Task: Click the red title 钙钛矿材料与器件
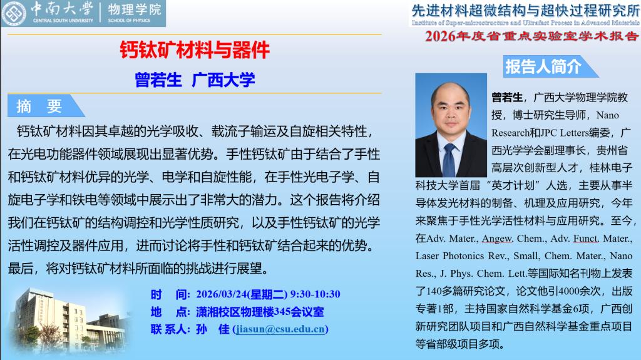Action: tap(195, 50)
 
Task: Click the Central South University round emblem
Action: tap(14, 13)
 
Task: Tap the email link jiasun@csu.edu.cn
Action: tap(280, 329)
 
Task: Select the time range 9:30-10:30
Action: tap(315, 294)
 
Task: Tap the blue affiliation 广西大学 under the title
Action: tap(223, 80)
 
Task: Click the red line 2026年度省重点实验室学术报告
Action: tap(531, 36)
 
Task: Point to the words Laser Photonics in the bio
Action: tap(448, 256)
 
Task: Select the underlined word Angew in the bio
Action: tap(497, 239)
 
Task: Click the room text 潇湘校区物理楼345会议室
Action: tap(260, 312)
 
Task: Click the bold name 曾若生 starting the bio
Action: tap(507, 98)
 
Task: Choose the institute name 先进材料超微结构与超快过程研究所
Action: tap(525, 10)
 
